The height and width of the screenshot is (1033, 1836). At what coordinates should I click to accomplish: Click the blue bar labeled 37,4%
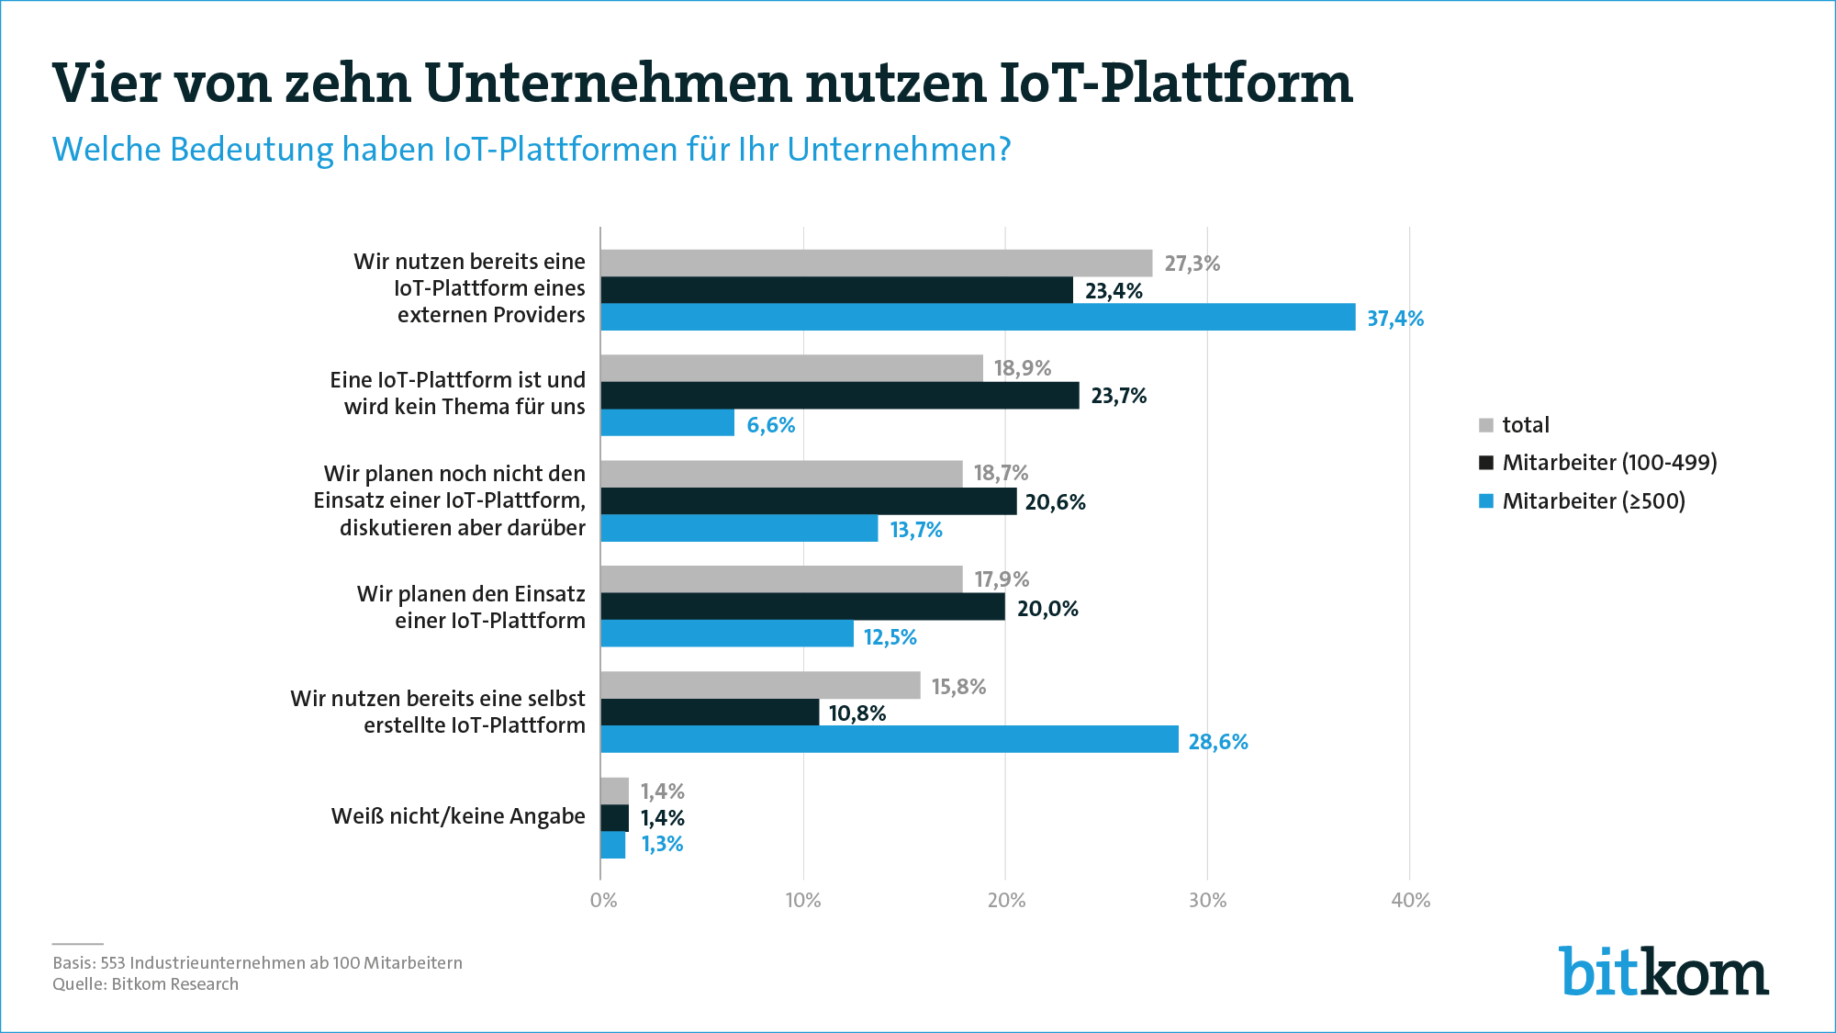(978, 317)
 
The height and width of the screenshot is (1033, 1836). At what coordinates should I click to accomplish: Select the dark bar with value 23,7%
(840, 396)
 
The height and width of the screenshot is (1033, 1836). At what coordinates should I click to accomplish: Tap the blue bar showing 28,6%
(890, 739)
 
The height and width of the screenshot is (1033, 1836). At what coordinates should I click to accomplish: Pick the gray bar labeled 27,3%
(877, 263)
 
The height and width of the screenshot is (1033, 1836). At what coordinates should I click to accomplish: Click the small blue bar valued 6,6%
(667, 423)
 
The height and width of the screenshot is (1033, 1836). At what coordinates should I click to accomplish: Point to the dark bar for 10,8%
(710, 713)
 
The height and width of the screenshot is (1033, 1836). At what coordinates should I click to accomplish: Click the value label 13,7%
(916, 530)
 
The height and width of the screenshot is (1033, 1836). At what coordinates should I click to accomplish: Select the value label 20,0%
(1047, 609)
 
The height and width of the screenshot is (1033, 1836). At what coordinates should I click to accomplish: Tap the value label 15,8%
(958, 687)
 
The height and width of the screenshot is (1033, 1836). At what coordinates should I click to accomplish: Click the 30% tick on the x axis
(1207, 900)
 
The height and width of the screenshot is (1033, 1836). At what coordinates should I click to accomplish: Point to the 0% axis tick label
(603, 900)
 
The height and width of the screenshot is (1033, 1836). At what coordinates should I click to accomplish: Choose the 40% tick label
(1410, 900)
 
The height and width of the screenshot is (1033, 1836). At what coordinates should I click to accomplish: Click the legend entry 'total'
(1525, 425)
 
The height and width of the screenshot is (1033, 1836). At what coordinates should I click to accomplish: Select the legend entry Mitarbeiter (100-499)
(1608, 463)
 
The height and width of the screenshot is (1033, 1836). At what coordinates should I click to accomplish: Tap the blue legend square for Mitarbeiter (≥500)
(1486, 501)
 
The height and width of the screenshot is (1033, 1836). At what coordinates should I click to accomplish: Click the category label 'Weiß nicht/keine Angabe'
(458, 816)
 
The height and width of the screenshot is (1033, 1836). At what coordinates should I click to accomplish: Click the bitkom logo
(1663, 971)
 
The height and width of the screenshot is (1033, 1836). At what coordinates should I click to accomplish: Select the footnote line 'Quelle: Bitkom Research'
(145, 984)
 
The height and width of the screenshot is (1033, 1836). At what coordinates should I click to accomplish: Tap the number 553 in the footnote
(112, 963)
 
